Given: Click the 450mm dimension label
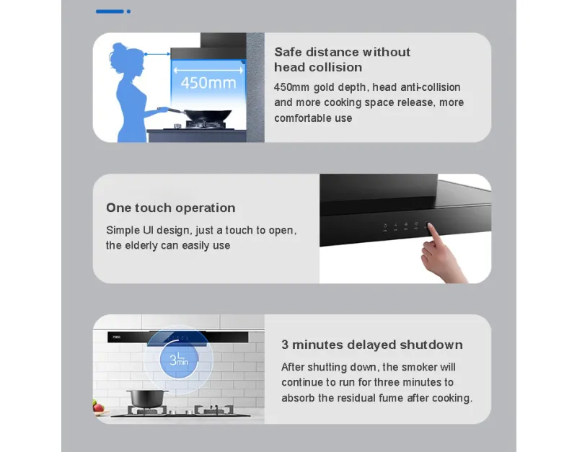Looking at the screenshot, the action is [208, 83].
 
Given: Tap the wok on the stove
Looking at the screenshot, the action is [206, 115].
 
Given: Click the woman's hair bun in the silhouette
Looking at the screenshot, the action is [118, 48].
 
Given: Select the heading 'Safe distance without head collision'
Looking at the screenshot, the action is [342, 60].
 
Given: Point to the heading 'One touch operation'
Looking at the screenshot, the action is [171, 208].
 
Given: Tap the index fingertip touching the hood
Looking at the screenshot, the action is [429, 225].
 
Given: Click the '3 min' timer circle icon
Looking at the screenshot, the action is [179, 360].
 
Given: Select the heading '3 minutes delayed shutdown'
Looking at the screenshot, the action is [372, 345].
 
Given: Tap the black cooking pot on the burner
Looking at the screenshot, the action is [146, 399].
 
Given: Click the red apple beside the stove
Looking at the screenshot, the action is [98, 407].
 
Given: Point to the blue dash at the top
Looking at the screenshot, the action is [110, 12].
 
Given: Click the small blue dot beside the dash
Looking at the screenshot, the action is [128, 12].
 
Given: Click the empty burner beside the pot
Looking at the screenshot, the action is [213, 409].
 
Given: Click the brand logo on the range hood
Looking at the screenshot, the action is [117, 337].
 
